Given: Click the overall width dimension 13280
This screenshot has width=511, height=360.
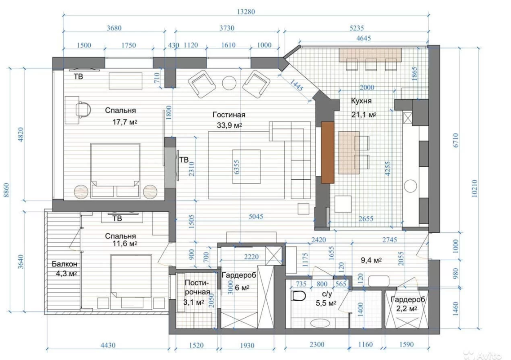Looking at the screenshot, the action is (246, 12).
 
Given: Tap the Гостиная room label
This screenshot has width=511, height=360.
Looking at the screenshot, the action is (229, 115).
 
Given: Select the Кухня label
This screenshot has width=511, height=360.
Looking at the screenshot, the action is (361, 101).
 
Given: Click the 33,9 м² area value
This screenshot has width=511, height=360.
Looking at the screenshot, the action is (229, 125).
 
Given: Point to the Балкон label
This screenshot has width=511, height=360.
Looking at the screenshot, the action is (65, 264).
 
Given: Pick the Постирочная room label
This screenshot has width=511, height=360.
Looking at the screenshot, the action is (197, 287).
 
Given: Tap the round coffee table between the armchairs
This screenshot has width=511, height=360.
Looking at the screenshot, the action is (229, 83).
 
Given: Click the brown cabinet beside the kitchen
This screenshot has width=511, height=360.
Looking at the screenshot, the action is (327, 152).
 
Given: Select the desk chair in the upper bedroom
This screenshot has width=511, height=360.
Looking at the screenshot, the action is (83, 109).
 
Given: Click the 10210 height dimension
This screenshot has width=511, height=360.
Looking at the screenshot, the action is (474, 188).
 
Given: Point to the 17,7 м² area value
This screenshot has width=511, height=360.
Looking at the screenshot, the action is (125, 122).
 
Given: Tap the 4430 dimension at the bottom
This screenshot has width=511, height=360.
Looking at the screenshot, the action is (108, 345).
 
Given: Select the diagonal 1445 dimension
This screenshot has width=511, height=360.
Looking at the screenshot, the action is (296, 85).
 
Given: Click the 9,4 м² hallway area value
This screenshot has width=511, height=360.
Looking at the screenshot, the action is (371, 260).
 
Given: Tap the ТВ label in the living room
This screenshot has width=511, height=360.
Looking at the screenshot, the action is (184, 160).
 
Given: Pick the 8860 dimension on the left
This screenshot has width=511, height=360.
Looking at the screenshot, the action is (6, 190).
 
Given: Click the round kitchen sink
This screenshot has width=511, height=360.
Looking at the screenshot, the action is (410, 186).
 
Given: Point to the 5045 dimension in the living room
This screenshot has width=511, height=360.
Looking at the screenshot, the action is (256, 216).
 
